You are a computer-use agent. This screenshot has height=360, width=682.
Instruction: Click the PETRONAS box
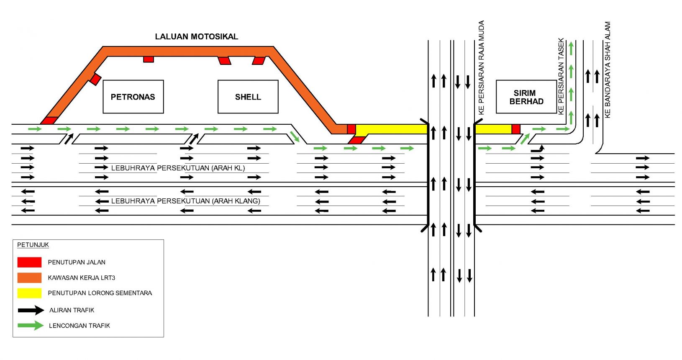point(133,97)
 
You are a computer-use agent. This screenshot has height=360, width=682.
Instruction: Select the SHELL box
point(248,97)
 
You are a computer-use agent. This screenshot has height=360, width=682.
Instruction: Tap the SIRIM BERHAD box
point(526,97)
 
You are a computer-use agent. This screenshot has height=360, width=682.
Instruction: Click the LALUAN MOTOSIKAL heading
point(196,37)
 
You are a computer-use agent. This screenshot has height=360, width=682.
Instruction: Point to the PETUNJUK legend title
point(33,245)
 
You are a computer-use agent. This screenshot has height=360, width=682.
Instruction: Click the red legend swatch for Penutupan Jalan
point(29,262)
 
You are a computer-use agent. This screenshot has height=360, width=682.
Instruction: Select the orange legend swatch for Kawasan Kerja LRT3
point(29,278)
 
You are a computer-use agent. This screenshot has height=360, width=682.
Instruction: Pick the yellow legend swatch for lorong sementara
point(29,293)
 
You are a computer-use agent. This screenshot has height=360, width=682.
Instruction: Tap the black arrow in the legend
point(31,310)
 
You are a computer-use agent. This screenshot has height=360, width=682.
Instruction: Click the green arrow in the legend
point(31,326)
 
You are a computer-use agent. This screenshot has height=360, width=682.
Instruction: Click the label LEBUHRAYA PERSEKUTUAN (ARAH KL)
point(178,168)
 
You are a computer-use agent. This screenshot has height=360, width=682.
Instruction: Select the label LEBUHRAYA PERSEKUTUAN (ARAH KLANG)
point(185,201)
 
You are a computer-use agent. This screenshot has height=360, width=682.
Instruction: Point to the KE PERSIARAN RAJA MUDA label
point(481,67)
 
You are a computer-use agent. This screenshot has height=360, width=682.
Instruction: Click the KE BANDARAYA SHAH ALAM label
point(608,69)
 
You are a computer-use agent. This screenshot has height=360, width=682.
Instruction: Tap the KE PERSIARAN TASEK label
point(561,76)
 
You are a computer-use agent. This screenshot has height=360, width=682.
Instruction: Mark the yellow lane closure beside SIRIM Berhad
point(493,129)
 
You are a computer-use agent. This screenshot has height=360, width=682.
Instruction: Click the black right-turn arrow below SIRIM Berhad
point(538,149)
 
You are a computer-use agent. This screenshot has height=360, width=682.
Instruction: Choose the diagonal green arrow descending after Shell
point(295,136)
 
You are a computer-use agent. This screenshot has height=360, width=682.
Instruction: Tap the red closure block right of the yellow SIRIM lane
point(516,129)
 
